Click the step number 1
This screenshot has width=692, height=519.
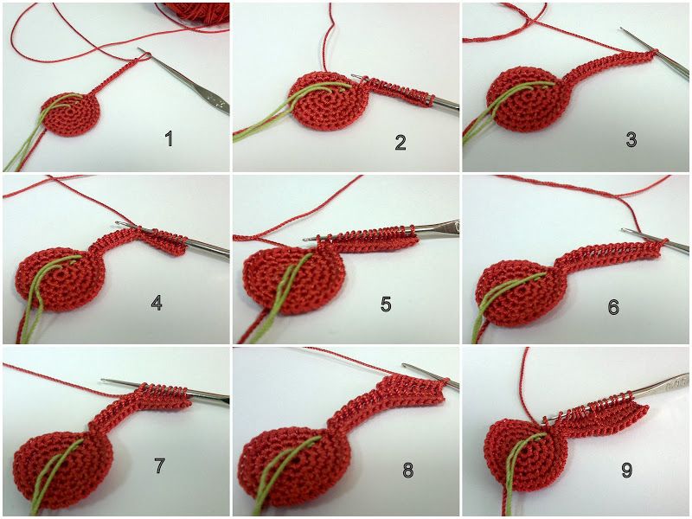(x=169, y=139)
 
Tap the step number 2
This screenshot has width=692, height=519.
(x=400, y=142)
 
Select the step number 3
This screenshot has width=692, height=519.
(x=631, y=139)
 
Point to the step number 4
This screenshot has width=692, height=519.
(x=157, y=303)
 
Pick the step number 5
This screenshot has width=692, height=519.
(x=386, y=304)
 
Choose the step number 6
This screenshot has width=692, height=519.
(x=613, y=307)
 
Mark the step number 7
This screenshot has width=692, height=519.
(x=159, y=466)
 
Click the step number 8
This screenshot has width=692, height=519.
(x=407, y=471)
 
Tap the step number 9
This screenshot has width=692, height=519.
(x=626, y=471)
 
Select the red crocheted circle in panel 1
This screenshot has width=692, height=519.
(x=71, y=114)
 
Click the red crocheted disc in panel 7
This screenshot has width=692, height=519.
(x=62, y=469)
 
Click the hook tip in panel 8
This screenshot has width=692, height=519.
(x=405, y=365)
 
